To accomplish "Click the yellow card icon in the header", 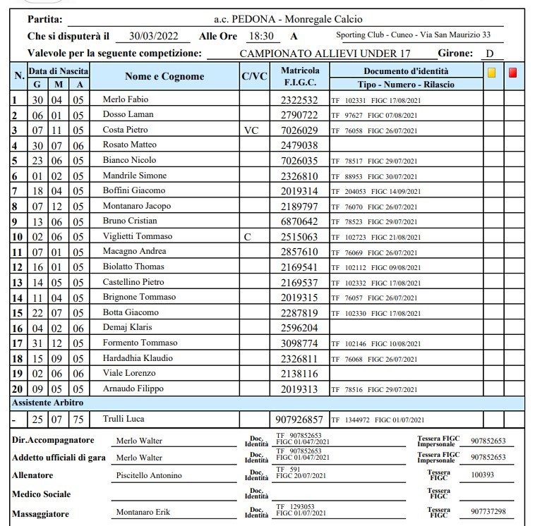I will click(492, 72).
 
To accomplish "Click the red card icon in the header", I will click(513, 72).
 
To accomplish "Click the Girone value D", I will click(489, 53).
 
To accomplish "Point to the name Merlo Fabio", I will click(126, 99).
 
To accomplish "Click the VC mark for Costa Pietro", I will click(252, 130).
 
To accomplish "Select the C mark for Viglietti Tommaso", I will click(248, 236).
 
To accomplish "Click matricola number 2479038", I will click(299, 145).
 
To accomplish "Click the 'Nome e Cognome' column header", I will click(164, 76).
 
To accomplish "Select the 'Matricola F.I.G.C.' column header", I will click(300, 77).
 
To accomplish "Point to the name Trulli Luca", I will click(124, 419).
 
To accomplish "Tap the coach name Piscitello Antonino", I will click(148, 475).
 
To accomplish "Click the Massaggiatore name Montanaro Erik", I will click(143, 512).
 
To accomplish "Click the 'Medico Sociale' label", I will click(42, 494).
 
